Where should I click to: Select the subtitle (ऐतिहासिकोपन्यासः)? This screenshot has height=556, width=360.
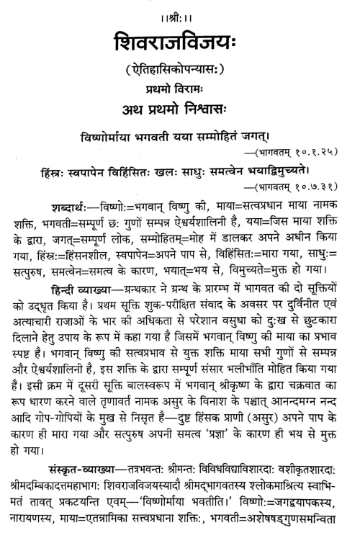[x=180, y=66]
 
